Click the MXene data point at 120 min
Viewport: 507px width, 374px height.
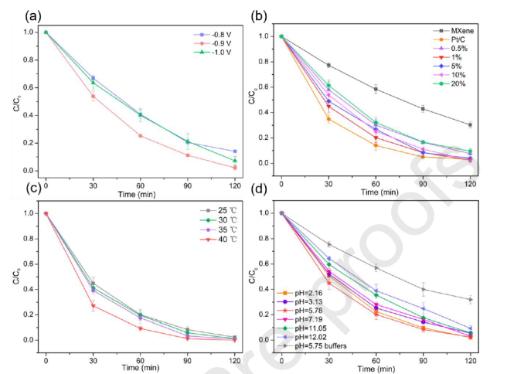(x=469, y=124)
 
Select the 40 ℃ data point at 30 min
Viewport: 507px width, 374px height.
(x=94, y=306)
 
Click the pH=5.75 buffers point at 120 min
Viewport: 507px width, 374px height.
(x=469, y=299)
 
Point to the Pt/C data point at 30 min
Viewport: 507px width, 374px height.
(x=328, y=118)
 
